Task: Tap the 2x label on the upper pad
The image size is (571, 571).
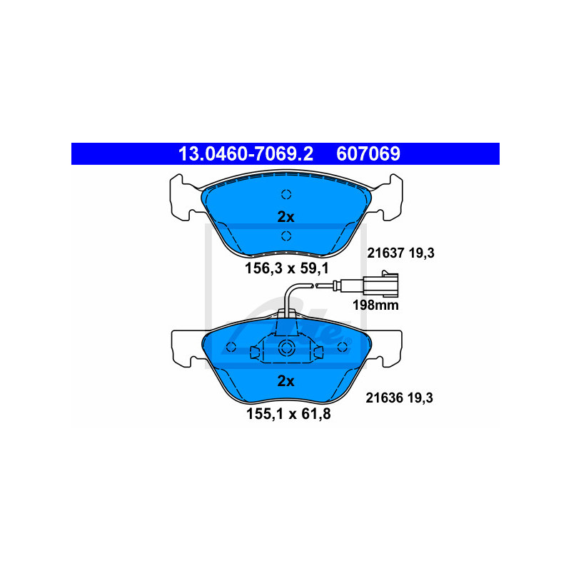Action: point(285,217)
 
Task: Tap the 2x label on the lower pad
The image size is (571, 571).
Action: point(285,381)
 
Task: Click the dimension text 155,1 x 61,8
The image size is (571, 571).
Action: point(285,413)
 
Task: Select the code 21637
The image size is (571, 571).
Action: point(385,252)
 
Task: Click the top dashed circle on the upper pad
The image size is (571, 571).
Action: point(286,194)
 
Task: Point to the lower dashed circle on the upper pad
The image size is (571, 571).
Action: point(286,236)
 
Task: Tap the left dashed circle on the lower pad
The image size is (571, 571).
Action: point(231,347)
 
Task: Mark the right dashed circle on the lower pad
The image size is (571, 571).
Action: point(342,347)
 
